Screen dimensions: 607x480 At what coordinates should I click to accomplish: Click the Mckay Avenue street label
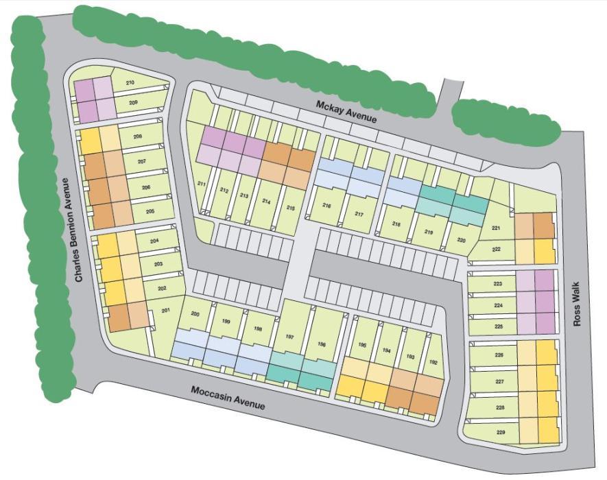346,112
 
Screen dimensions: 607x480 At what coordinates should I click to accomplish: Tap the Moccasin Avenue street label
228,397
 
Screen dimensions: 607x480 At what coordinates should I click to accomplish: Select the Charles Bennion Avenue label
72,230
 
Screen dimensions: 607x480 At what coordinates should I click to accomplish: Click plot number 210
130,83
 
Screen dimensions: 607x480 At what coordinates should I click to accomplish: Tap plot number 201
166,311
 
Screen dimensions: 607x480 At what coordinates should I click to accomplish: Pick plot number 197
290,337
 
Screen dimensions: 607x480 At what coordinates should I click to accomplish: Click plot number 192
433,362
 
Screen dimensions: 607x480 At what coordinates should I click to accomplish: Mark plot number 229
500,432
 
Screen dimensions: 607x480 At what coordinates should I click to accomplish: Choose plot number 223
499,283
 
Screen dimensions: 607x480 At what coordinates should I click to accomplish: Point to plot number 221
497,228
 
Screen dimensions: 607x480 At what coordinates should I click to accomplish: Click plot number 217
359,214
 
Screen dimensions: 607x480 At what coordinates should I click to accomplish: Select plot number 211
202,184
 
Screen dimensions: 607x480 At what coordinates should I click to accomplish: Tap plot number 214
266,202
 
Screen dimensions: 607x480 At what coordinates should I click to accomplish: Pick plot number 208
138,136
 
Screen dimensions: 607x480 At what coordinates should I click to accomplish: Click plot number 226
499,355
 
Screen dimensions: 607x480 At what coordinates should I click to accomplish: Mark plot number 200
195,314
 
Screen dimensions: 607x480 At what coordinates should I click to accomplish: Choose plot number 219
429,232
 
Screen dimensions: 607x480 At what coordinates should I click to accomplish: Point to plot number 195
363,345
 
